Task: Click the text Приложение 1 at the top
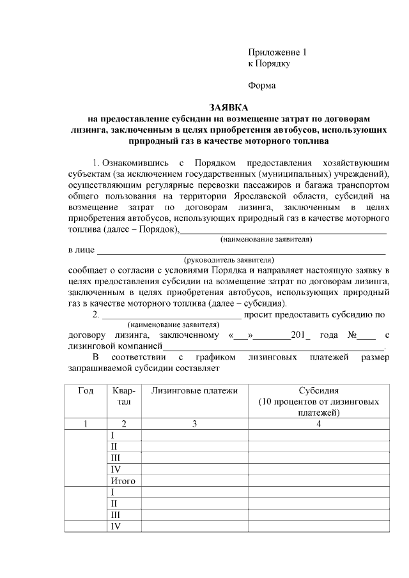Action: click(x=277, y=52)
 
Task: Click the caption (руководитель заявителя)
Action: click(x=229, y=260)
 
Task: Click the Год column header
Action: click(x=86, y=390)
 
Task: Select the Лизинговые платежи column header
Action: click(x=194, y=390)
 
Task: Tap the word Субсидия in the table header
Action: click(x=318, y=390)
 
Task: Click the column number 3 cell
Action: click(x=194, y=423)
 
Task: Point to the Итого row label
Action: click(x=123, y=481)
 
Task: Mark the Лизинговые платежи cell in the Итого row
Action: click(x=194, y=481)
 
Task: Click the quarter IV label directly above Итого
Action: click(x=116, y=469)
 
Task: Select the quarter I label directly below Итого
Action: click(x=113, y=492)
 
